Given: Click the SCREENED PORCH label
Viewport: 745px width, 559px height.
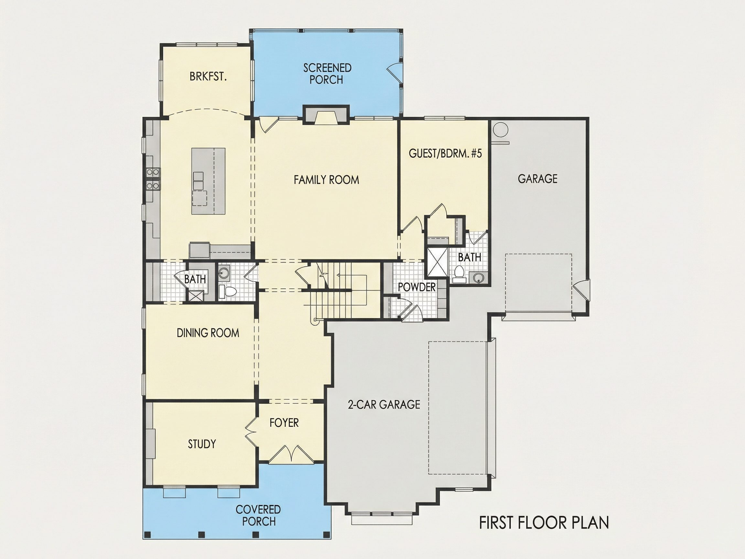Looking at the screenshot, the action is (x=327, y=74).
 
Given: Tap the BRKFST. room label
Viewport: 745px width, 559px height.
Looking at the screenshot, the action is (x=208, y=76).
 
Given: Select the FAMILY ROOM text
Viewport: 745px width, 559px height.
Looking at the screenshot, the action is (x=326, y=180).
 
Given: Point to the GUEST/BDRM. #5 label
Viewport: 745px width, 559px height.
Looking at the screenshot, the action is (x=445, y=153).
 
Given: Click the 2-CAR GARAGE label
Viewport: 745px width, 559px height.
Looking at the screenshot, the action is (x=384, y=404).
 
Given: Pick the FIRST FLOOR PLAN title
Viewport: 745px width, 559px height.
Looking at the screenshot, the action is (x=544, y=523).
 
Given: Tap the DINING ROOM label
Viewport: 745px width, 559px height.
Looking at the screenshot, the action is (x=208, y=333).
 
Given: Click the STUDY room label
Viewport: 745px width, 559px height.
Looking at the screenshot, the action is (x=202, y=444).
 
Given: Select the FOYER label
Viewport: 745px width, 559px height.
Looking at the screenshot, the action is (x=284, y=422).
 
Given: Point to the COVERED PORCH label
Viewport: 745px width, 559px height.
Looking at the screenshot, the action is (x=258, y=515).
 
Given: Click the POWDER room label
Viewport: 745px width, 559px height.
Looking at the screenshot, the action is (x=416, y=287).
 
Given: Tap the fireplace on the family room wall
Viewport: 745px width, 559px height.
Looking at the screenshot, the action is (x=326, y=115).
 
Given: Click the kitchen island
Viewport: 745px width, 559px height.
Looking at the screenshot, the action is (x=209, y=181).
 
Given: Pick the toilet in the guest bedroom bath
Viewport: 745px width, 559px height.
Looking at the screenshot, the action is (x=458, y=274).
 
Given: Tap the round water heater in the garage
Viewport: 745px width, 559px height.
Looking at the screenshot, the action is (x=500, y=129).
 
